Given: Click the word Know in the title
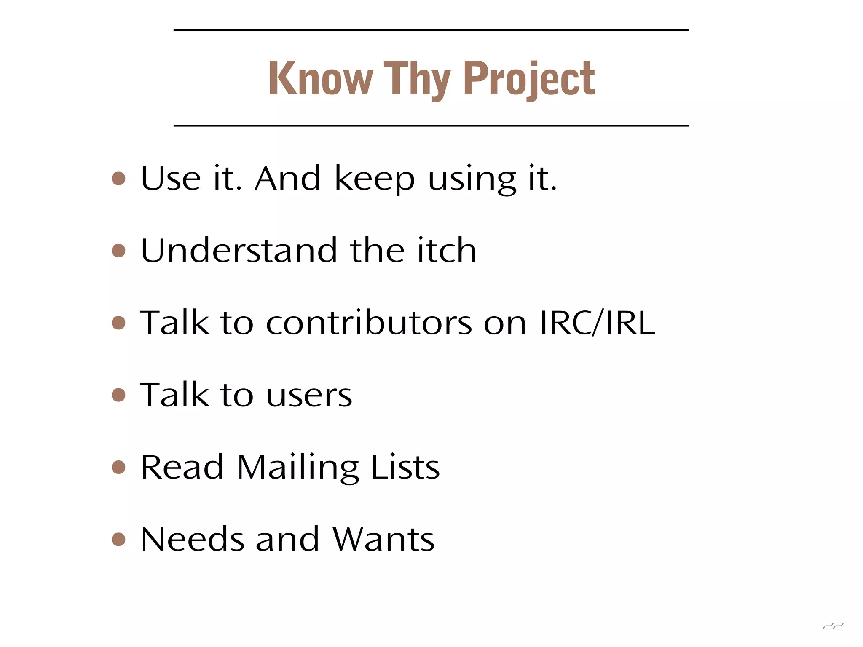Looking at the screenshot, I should (x=321, y=79).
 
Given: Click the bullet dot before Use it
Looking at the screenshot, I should (x=119, y=178).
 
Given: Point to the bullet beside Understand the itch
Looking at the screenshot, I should (x=119, y=251).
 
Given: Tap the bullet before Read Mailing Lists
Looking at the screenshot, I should (x=119, y=467).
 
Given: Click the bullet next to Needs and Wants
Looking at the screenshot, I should (x=119, y=539).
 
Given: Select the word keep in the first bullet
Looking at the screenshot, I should (x=375, y=179).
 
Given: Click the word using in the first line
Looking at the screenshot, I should (x=472, y=179).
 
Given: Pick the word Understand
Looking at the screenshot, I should (x=239, y=251).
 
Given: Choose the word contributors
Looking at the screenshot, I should (x=369, y=323).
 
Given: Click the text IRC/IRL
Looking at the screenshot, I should (x=597, y=323).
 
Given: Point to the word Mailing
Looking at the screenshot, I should (x=298, y=468).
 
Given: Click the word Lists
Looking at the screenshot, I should (x=405, y=467).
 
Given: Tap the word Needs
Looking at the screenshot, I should (x=192, y=540).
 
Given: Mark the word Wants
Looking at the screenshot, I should (x=383, y=540).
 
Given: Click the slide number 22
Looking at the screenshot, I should (x=833, y=626).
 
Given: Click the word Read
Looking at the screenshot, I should (x=182, y=467).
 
